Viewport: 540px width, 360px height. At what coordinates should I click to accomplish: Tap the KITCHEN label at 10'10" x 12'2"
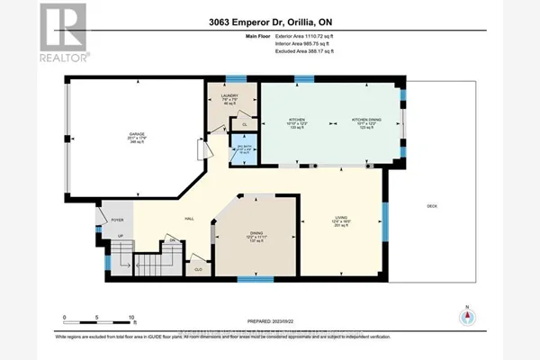tap(298, 121)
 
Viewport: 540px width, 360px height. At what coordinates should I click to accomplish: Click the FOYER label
tap(116, 220)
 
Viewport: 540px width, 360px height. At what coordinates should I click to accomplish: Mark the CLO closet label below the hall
tap(197, 267)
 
